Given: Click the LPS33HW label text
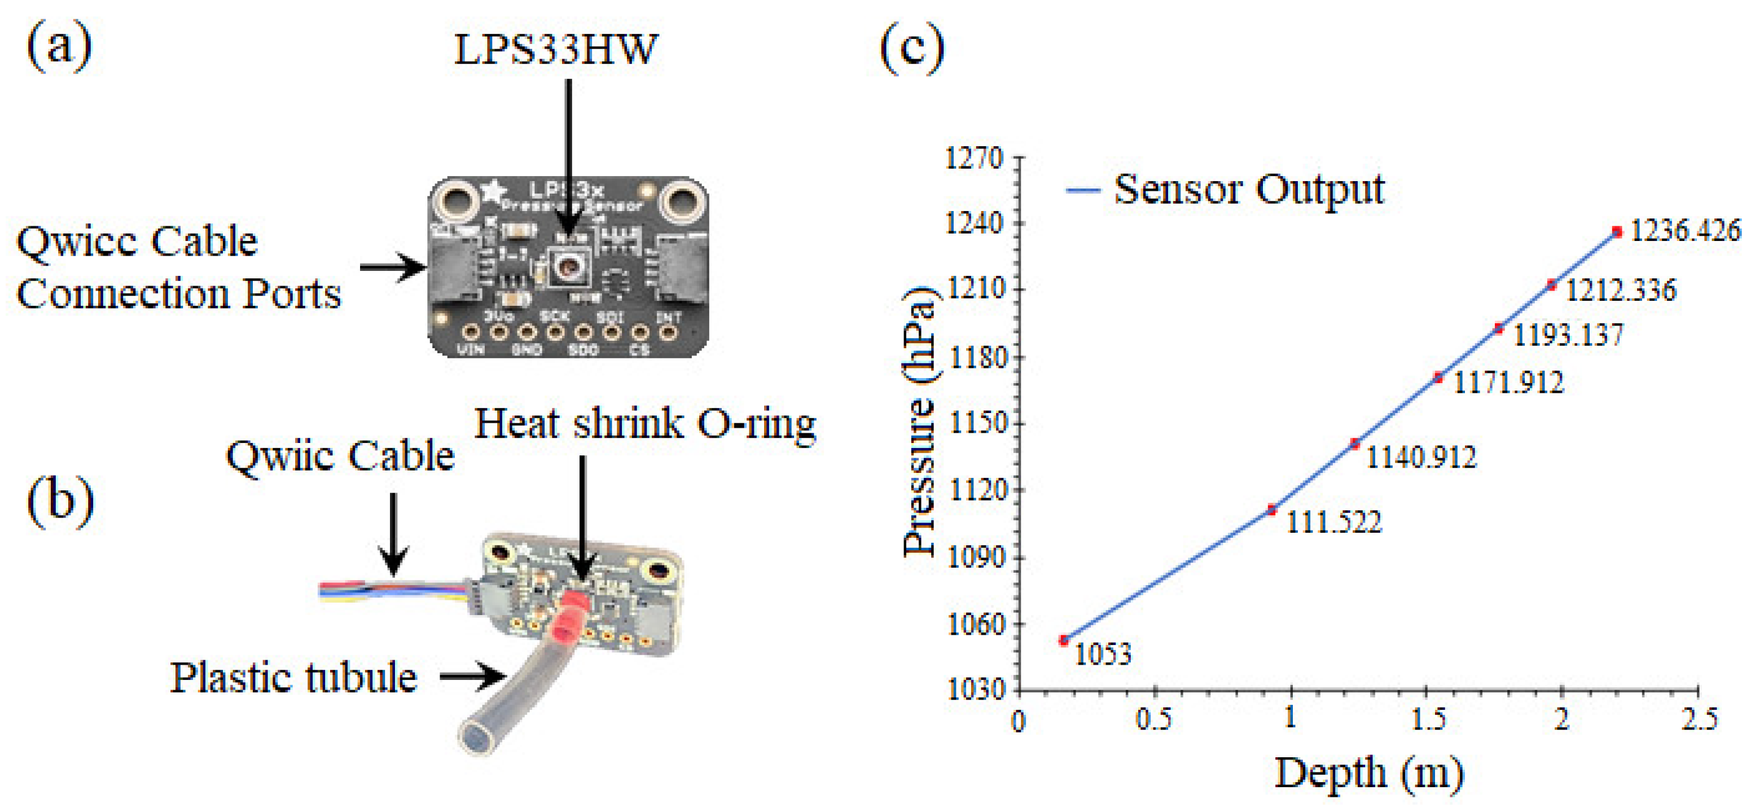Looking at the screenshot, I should point(555,49).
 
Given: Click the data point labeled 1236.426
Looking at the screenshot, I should point(1617,232).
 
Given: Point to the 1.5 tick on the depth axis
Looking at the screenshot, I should point(1427,719).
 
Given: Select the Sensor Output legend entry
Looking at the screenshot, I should point(1226,190).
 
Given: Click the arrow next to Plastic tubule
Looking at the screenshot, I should point(472,677).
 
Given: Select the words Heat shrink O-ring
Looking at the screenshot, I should point(644,424).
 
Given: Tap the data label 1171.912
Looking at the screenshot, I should point(1508,382).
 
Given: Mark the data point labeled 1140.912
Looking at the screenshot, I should point(1354,444).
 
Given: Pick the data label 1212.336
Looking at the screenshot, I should point(1621,291).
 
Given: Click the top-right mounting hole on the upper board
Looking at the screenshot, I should point(679,201).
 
